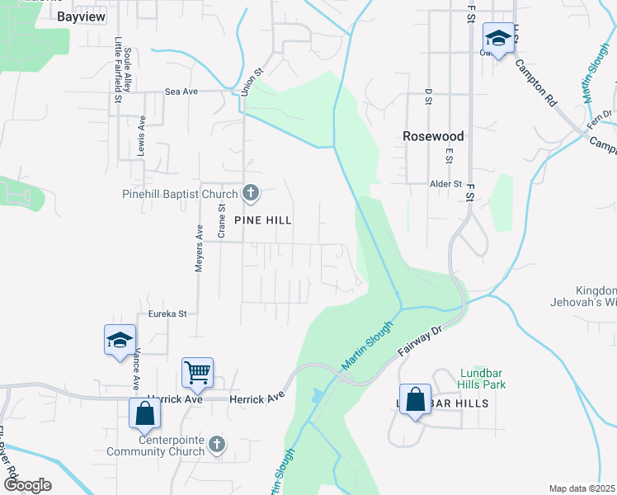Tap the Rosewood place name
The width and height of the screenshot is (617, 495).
pyautogui.click(x=433, y=136)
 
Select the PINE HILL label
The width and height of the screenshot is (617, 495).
pyautogui.click(x=263, y=220)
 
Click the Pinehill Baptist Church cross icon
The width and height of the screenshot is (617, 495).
pyautogui.click(x=251, y=194)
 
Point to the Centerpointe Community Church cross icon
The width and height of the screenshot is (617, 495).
pyautogui.click(x=216, y=445)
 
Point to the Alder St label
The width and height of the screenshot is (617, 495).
pyautogui.click(x=446, y=183)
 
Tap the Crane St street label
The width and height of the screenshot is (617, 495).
pyautogui.click(x=221, y=222)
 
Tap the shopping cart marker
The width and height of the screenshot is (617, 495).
pyautogui.click(x=198, y=372)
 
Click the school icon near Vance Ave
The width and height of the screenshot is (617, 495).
pyautogui.click(x=120, y=339)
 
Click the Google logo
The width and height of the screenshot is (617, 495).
pyautogui.click(x=27, y=485)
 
